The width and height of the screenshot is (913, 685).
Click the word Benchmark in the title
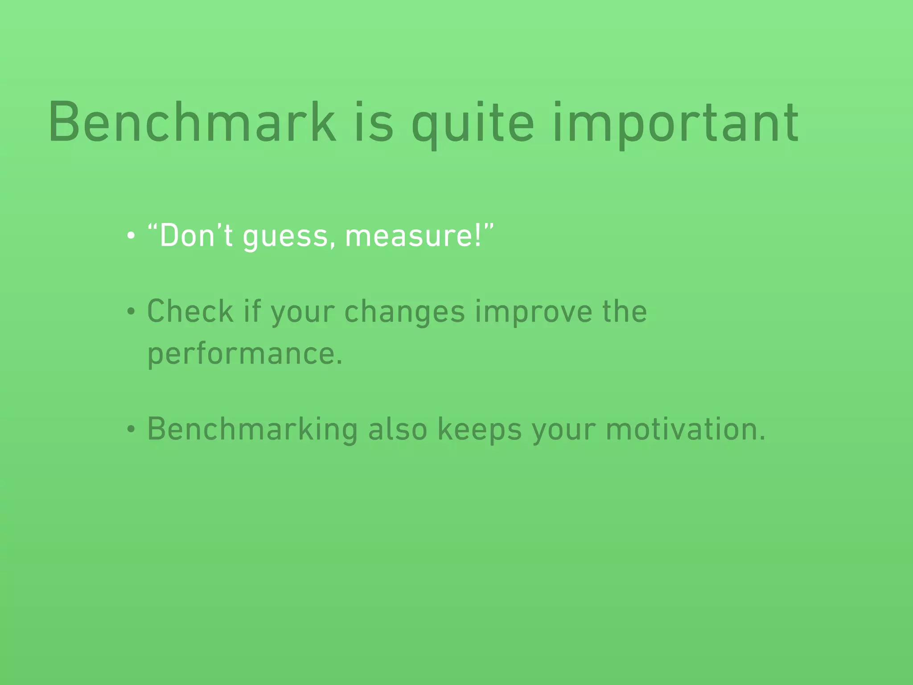192,122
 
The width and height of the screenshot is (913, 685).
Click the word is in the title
374,122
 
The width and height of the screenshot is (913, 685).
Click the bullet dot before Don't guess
131,236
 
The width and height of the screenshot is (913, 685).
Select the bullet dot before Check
131,312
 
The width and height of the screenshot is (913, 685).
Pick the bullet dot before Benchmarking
131,429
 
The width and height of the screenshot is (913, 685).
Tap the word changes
404,312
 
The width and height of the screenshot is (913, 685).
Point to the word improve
533,312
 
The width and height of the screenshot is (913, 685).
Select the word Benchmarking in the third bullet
252,429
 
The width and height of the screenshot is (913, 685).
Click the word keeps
479,429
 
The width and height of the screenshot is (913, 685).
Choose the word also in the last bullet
398,429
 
